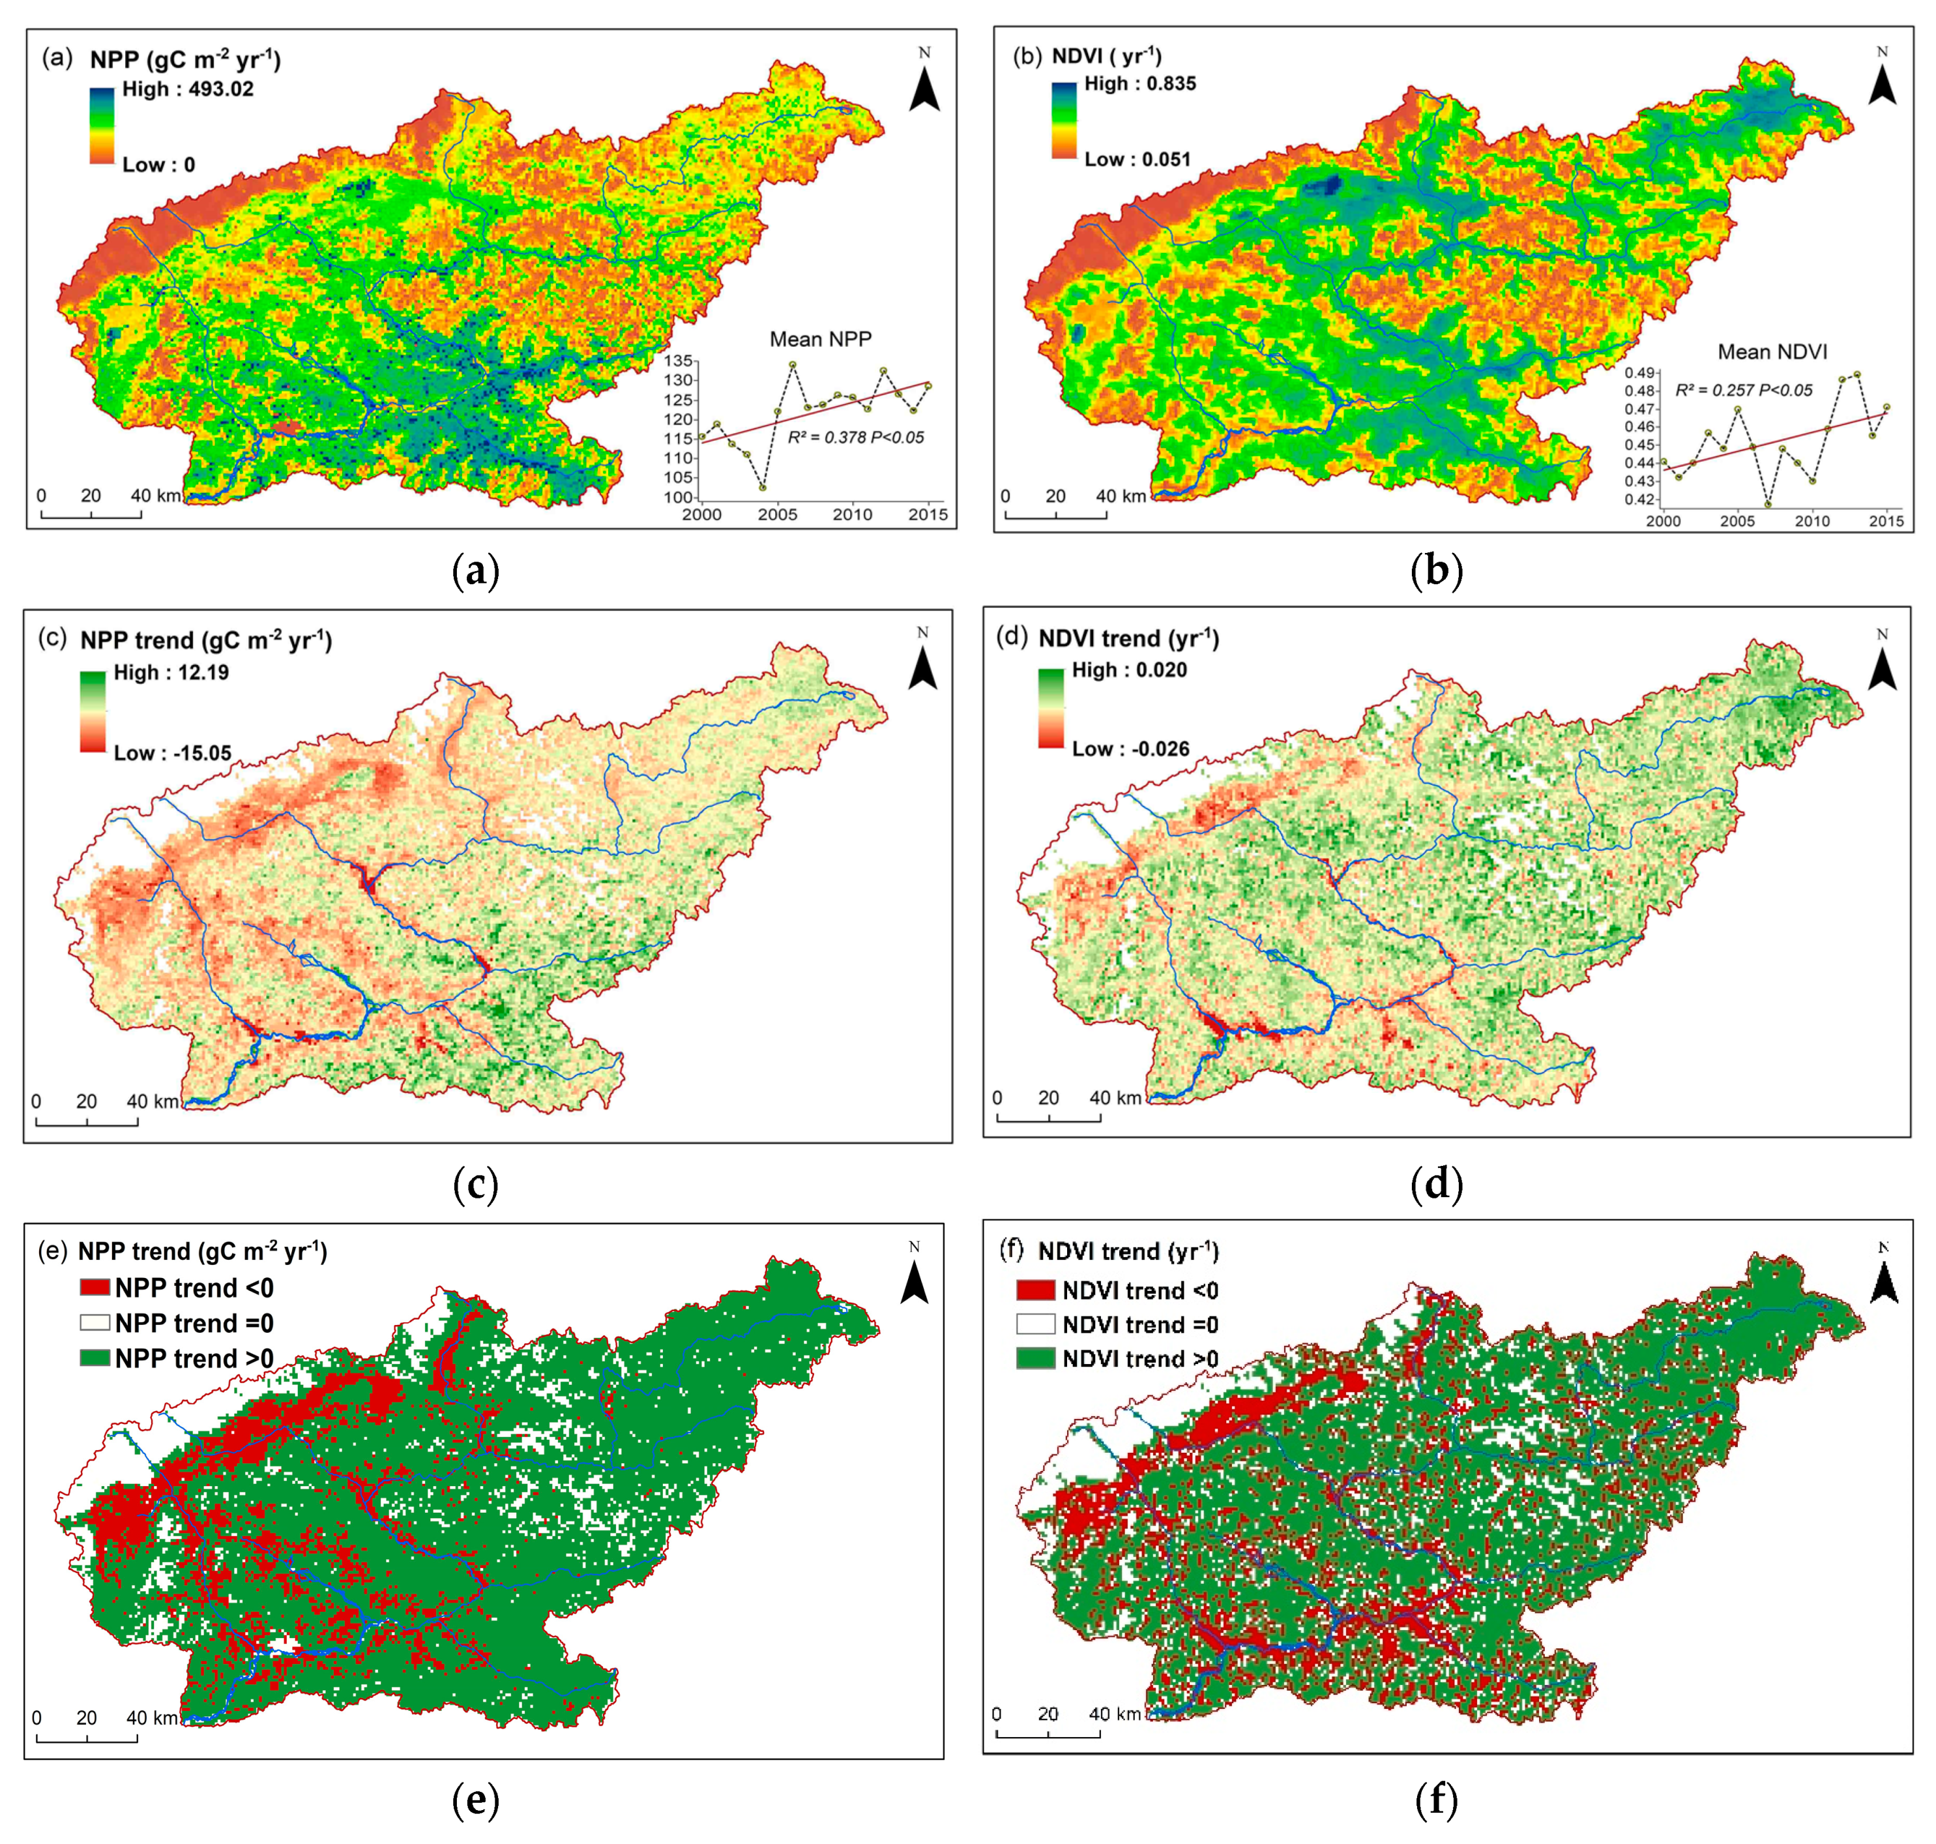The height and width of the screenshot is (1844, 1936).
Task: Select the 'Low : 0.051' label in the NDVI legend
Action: [x=1137, y=159]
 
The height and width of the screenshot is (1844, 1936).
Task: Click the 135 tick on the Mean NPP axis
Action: [x=677, y=361]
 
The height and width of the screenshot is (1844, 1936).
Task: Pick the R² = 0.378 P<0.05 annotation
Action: [x=855, y=438]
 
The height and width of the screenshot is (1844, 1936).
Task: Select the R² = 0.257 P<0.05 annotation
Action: [x=1744, y=390]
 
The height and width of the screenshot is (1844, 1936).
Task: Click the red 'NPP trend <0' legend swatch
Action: [x=95, y=1288]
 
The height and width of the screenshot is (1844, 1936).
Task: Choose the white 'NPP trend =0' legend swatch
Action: [x=95, y=1323]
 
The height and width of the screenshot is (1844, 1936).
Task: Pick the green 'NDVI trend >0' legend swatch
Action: [x=1035, y=1358]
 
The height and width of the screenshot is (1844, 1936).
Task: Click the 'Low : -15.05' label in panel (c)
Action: [x=172, y=754]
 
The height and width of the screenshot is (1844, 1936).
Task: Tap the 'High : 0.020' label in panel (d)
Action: [x=1129, y=670]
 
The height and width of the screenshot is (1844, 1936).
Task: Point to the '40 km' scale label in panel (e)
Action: [x=153, y=1718]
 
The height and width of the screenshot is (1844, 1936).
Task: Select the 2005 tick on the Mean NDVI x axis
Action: [x=1737, y=521]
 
